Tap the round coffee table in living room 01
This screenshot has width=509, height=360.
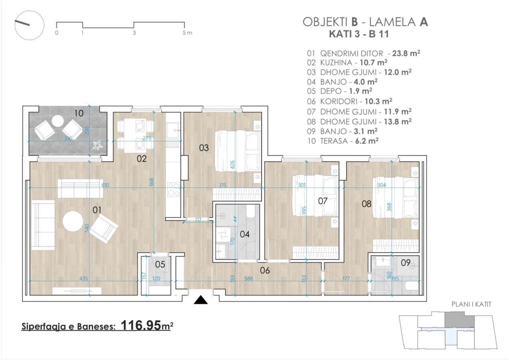pos(73,221)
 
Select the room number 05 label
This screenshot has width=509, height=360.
pos(160,264)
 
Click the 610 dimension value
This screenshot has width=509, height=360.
pos(105,185)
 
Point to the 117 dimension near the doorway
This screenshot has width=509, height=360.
pos(198,220)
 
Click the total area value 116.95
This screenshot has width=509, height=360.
pos(141,325)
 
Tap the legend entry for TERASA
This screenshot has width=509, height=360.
pos(343,141)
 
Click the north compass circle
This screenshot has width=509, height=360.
pos(29,25)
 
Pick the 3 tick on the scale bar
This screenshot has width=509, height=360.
pos(134,33)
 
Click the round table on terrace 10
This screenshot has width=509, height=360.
pos(57,121)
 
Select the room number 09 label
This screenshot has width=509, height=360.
pos(405,263)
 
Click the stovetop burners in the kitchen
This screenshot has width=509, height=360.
pos(174,190)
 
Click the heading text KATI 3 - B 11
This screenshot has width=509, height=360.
pos(359,34)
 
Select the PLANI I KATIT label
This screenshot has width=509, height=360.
pos(471,304)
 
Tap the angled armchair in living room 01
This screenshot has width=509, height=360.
pos(104,229)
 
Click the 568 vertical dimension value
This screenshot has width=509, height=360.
pos(152,182)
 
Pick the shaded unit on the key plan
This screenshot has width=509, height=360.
pos(459,320)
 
